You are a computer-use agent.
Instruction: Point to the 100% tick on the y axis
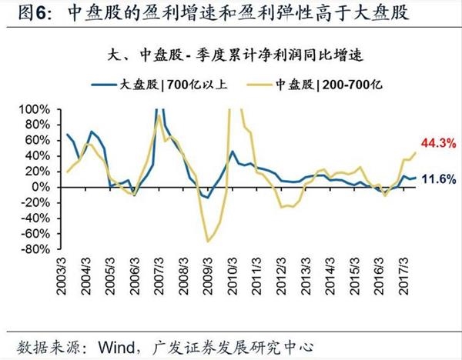[x=34, y=109]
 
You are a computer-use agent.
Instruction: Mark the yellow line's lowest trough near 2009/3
[x=207, y=241]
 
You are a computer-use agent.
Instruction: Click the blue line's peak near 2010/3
[x=233, y=152]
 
